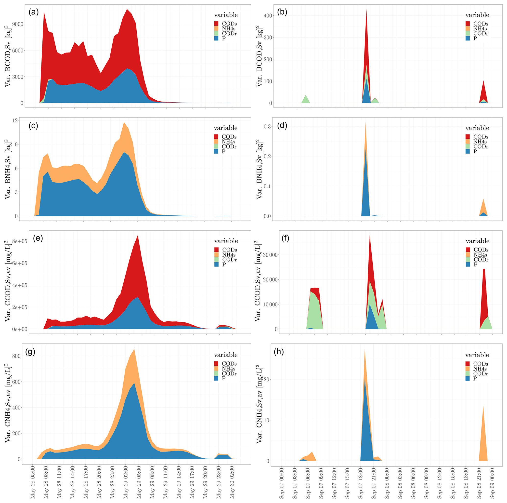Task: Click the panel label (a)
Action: [x=34, y=12]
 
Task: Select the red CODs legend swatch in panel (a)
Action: [x=216, y=24]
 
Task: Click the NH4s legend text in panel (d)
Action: [x=480, y=142]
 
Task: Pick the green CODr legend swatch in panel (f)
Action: [x=468, y=260]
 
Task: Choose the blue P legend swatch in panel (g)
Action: [x=216, y=379]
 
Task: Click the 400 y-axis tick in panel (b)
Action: [x=268, y=15]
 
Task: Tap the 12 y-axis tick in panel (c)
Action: [x=15, y=120]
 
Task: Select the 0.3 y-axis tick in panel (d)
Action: [x=267, y=127]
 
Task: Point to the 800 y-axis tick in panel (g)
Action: [x=16, y=356]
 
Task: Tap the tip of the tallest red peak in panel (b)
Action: [x=366, y=10]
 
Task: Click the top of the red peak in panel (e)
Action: [x=138, y=236]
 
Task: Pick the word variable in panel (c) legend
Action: [x=225, y=128]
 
